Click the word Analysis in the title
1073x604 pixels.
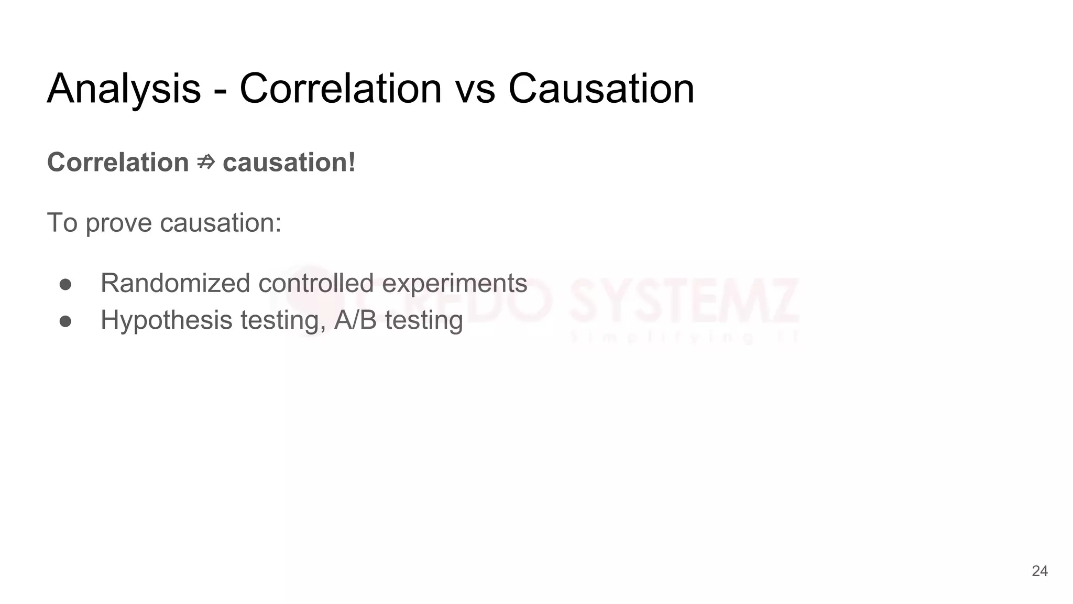tap(124, 89)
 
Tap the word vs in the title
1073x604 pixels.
tap(475, 89)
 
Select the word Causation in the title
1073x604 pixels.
tap(601, 89)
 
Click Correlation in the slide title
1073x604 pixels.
tap(341, 89)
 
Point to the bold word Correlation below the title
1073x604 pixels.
tap(118, 163)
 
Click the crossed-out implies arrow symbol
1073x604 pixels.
tap(206, 163)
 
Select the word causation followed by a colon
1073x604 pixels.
tap(221, 223)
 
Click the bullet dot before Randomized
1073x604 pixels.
tap(65, 284)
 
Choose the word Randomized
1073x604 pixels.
tap(176, 284)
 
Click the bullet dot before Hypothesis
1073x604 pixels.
tap(65, 321)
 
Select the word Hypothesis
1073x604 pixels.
tap(167, 321)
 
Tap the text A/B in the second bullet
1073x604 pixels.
tap(356, 320)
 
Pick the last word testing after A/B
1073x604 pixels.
tap(424, 321)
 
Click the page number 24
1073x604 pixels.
tap(1039, 571)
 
